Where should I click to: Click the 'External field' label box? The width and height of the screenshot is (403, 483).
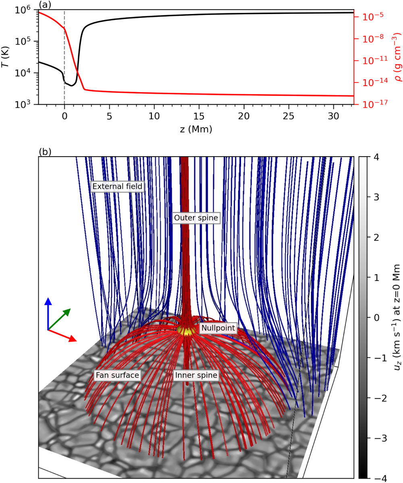[117, 186]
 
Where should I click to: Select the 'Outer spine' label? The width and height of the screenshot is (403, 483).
[196, 218]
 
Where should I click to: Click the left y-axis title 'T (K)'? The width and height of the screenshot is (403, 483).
[6, 57]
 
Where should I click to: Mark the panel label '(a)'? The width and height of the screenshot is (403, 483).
[45, 5]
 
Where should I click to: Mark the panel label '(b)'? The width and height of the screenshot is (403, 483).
[45, 152]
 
